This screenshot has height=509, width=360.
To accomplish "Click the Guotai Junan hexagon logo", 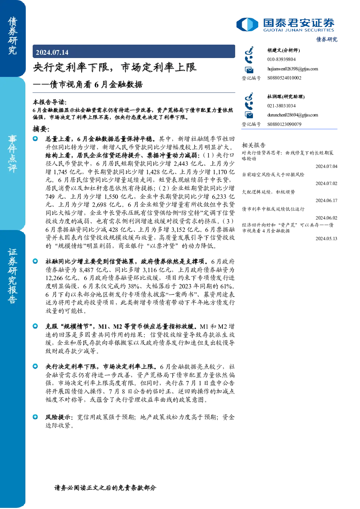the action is (247, 24).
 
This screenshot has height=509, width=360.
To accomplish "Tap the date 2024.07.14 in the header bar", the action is (52, 53).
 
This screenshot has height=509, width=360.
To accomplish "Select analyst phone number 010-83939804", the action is (281, 59).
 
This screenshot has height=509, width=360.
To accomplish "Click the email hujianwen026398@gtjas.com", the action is (292, 69).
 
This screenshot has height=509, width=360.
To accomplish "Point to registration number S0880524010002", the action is (284, 78).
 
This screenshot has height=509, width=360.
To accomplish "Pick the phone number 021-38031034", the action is (281, 106).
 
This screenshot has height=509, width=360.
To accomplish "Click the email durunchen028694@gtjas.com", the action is (292, 115).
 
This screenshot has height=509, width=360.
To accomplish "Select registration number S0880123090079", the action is (284, 124).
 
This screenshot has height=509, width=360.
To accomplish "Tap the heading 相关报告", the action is (253, 145).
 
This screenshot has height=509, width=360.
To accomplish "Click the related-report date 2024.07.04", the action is (326, 166).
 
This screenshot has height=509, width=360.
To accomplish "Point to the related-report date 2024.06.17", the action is (326, 200).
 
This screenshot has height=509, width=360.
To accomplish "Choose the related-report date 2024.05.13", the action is (326, 238).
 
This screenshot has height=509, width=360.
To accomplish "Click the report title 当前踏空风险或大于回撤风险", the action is (273, 175).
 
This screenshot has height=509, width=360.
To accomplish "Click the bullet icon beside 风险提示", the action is (35, 417).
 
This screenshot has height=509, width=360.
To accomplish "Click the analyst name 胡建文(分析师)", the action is (283, 50).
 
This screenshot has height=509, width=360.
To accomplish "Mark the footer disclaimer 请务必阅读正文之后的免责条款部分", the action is (105, 488).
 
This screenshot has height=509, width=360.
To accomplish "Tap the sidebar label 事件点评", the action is (12, 154).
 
